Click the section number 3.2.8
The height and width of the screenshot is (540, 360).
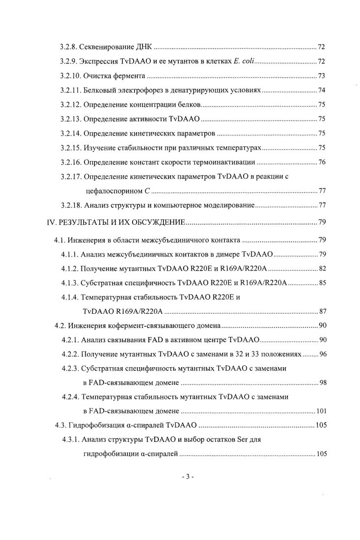point(69,47)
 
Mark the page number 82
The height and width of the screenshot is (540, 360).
point(322,269)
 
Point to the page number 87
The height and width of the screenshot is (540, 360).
point(322,311)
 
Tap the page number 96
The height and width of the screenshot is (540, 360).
point(322,354)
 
